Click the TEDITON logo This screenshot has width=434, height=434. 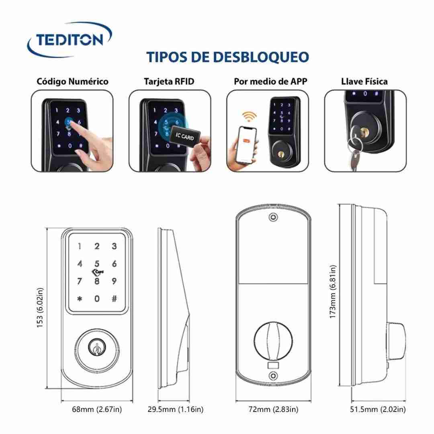[70, 39]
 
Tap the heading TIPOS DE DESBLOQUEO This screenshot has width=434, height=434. [227, 57]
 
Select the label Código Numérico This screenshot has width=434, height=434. [72, 82]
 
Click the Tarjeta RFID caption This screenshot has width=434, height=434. [169, 81]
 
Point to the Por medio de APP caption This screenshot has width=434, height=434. [270, 81]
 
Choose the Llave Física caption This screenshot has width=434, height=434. [364, 81]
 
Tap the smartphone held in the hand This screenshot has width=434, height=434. [248, 145]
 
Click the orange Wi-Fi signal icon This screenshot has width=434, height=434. [249, 116]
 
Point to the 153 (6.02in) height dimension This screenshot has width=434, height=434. [40, 308]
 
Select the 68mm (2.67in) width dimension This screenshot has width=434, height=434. [97, 409]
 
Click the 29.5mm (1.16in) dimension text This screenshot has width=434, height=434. [176, 409]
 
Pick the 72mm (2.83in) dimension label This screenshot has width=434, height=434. [274, 409]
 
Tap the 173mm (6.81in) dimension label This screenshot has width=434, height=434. [333, 292]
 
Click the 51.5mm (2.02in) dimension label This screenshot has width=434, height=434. [378, 409]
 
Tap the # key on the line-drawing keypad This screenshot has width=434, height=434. [114, 299]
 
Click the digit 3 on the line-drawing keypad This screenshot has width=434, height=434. [114, 246]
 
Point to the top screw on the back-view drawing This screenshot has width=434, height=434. [274, 217]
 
